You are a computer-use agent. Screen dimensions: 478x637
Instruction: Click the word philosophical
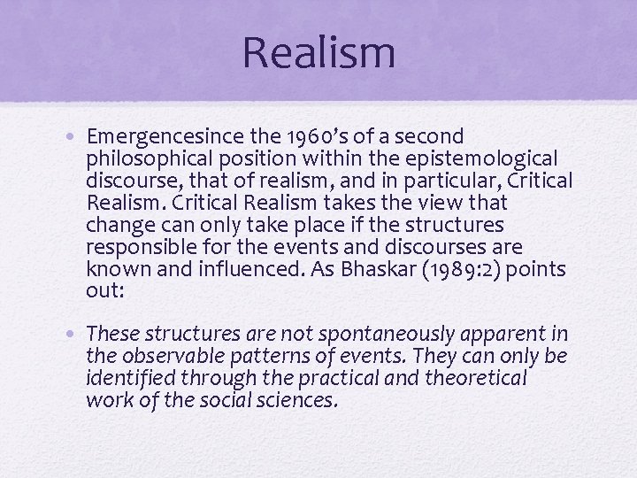coord(156,159)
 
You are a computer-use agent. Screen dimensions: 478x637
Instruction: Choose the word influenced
coord(228,268)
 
